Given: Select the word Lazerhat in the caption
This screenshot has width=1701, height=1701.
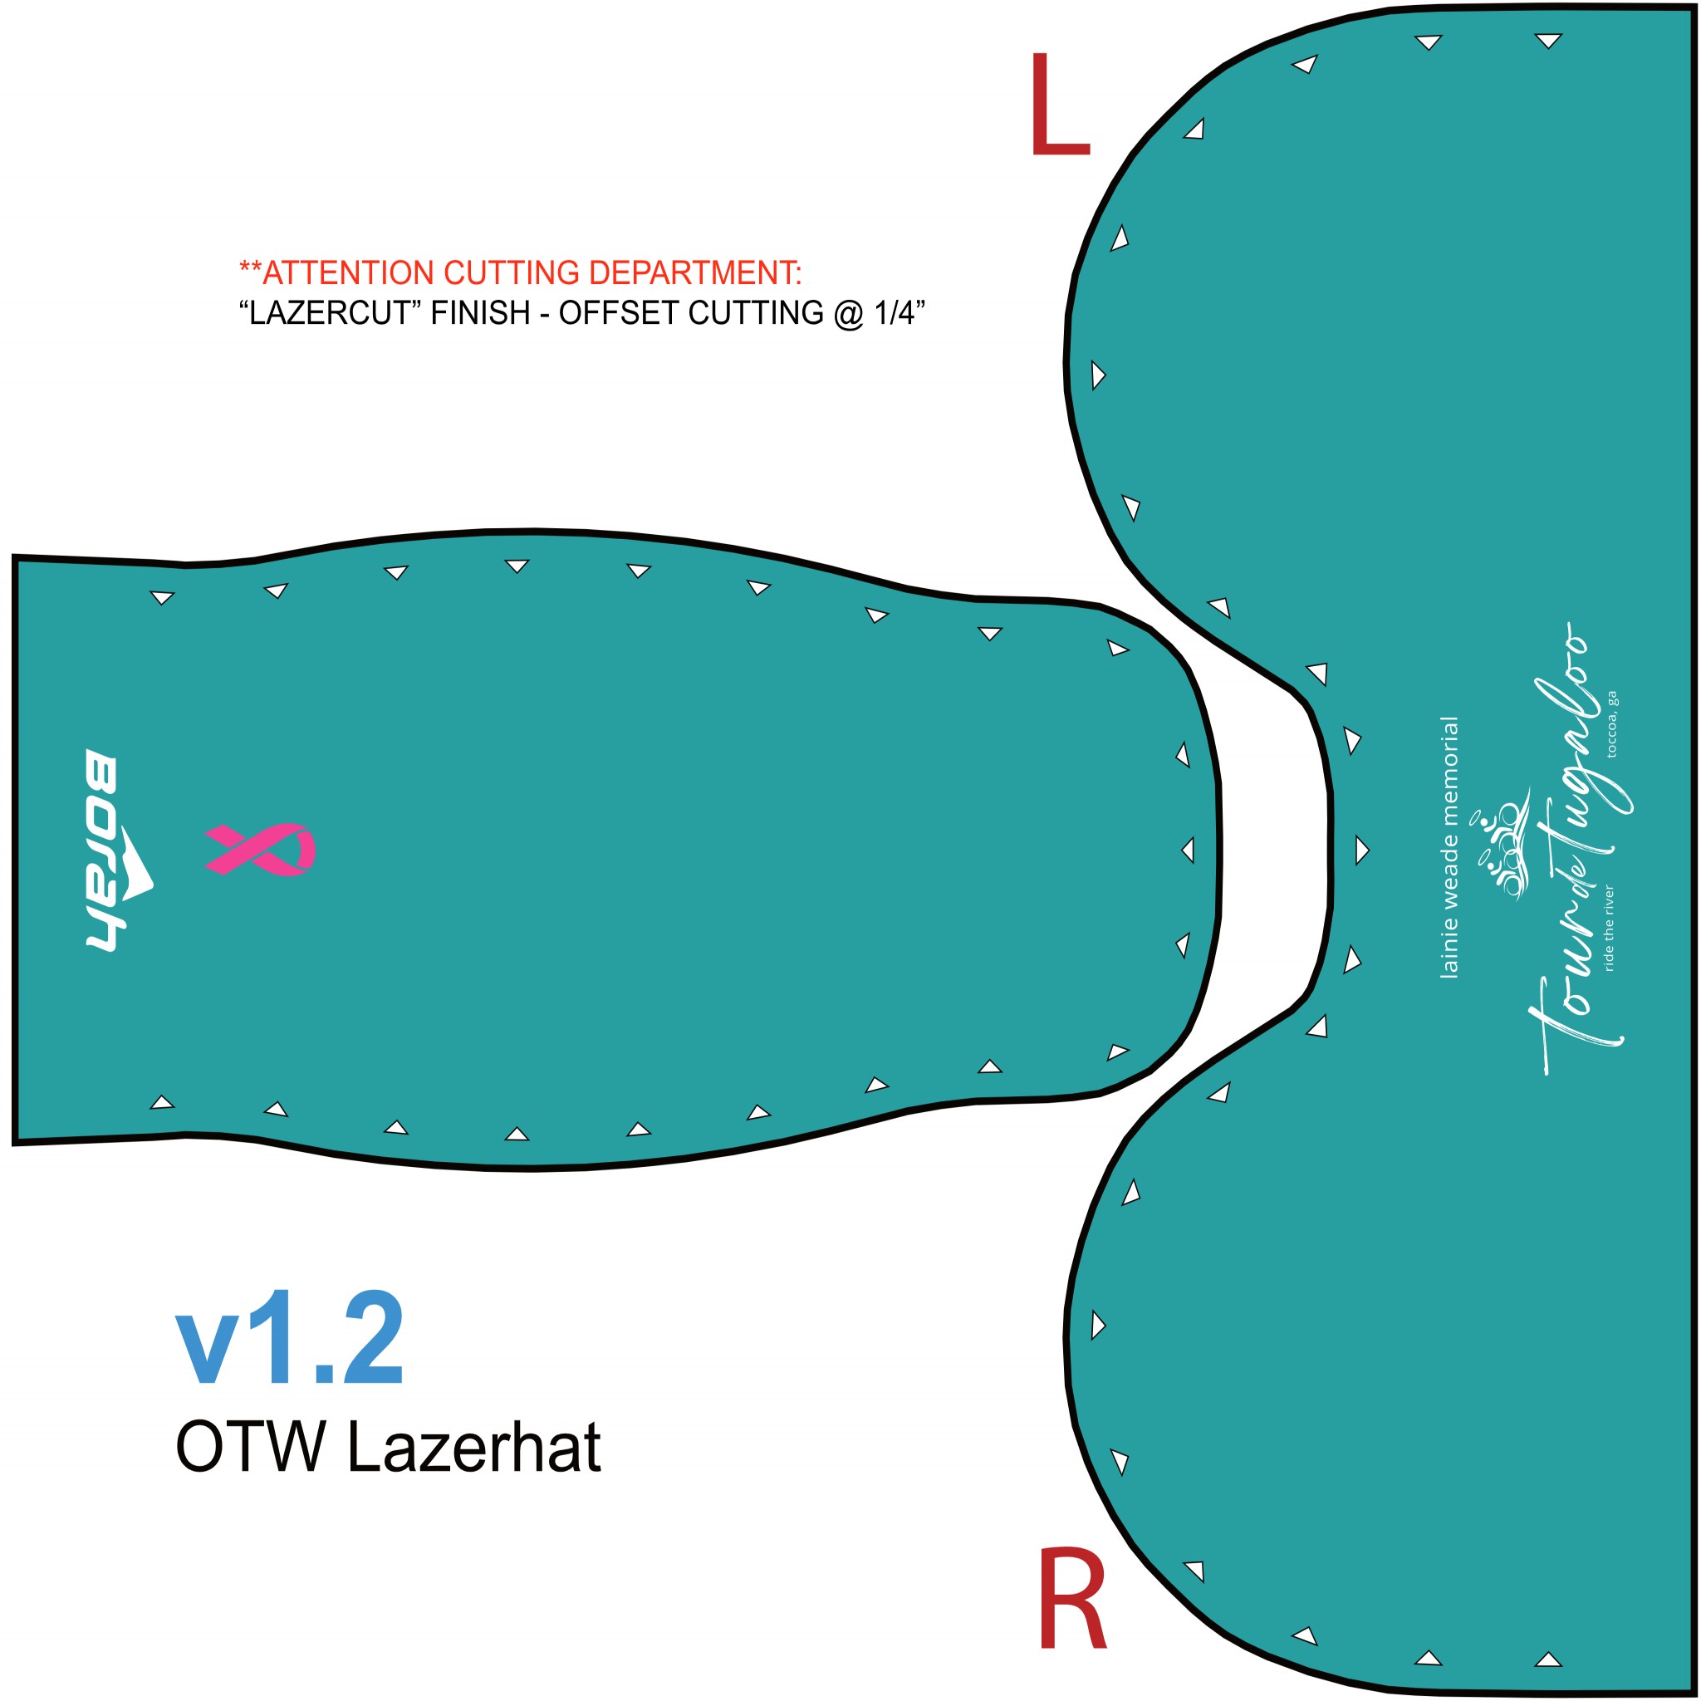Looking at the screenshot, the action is click(473, 1447).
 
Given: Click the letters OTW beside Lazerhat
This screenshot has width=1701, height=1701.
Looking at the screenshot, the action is click(251, 1447).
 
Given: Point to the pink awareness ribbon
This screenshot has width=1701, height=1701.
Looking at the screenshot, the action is click(260, 850).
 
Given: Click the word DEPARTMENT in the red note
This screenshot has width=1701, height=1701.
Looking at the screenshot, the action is click(695, 273).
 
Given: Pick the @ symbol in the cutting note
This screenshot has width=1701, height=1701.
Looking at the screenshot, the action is click(849, 313).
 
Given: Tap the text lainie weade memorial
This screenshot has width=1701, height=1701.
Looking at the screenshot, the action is click(1449, 848).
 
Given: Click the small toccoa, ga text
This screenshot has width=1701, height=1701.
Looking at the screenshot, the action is click(1611, 724).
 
